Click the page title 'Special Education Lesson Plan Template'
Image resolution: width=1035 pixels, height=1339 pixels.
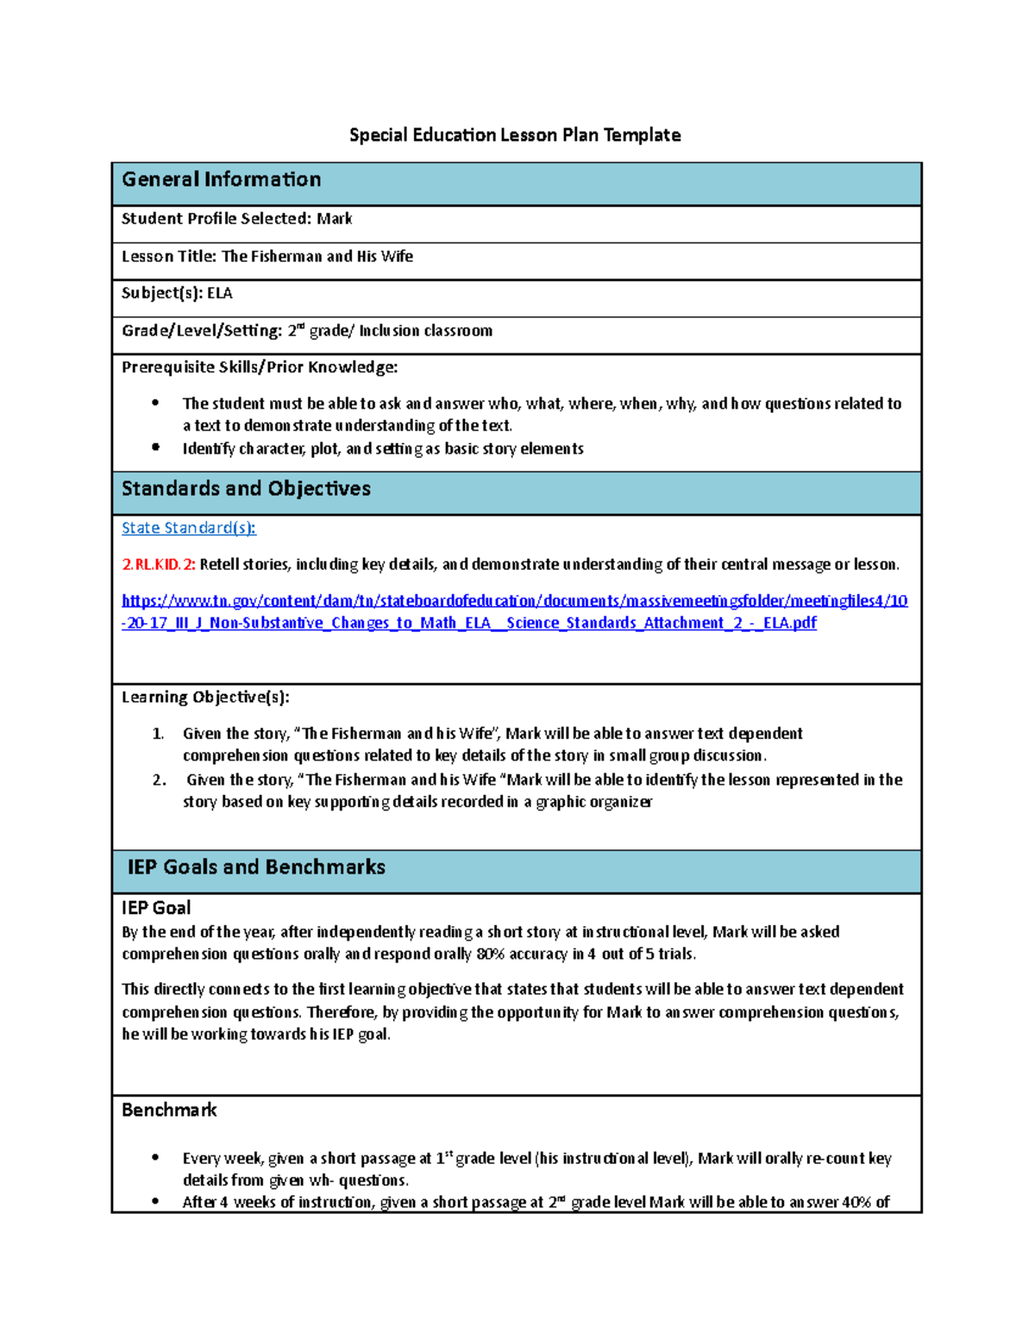coord(514,135)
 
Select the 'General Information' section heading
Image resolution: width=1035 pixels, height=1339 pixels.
coord(221,179)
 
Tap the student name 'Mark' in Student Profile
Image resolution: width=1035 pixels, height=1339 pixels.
coord(334,219)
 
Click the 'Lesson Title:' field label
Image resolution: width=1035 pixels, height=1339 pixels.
coord(169,256)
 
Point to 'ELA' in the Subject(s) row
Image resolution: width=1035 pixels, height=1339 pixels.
coord(219,293)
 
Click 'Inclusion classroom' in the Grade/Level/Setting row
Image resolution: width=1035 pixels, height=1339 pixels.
coord(425,331)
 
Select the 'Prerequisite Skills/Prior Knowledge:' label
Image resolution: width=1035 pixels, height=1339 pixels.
coord(259,367)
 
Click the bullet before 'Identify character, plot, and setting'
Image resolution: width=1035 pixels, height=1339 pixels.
coord(155,447)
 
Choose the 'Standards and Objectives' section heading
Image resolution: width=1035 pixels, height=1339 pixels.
coord(246,489)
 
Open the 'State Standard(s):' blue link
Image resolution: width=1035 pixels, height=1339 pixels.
coord(188,528)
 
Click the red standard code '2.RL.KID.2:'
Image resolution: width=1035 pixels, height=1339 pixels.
coord(159,565)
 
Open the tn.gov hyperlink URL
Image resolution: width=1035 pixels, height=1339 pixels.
coord(514,611)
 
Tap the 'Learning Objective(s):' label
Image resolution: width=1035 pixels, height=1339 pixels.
coord(205,697)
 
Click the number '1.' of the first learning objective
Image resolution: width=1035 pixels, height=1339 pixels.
coord(158,734)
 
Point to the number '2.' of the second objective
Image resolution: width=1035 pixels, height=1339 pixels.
coord(159,779)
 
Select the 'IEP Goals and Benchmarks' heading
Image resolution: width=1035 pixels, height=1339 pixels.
coord(256,867)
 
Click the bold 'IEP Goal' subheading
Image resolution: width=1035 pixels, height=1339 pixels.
coord(156,908)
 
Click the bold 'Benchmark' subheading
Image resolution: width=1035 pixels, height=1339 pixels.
coord(169,1111)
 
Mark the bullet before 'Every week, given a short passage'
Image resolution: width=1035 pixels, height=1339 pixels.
coord(155,1158)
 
